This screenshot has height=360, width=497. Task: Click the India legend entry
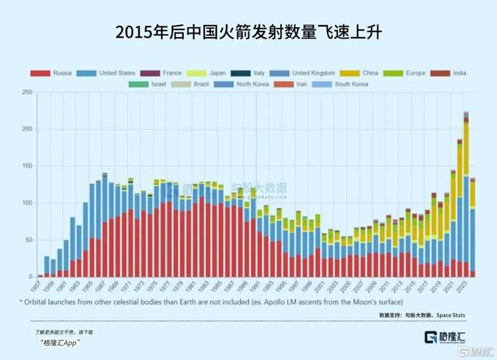coord(457,73)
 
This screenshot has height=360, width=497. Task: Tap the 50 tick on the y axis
coord(26,240)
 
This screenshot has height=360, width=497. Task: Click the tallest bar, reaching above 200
coord(466,196)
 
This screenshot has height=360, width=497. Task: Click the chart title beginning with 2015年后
coord(248,32)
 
